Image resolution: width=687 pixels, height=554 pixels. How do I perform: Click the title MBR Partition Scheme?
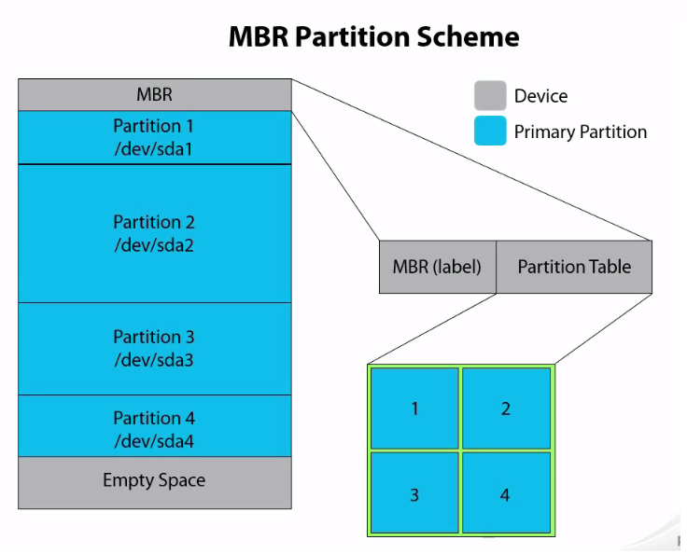(373, 37)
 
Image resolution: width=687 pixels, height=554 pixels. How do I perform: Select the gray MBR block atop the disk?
(154, 94)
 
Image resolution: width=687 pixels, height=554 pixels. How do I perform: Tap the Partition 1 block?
(154, 136)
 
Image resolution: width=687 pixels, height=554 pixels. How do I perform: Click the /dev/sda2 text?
(154, 245)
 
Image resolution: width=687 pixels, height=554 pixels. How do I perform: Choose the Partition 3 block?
(154, 348)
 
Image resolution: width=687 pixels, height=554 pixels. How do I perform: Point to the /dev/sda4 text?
(154, 441)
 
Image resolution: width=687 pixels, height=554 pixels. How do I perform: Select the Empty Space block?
(154, 481)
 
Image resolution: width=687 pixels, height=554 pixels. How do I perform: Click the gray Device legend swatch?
(490, 95)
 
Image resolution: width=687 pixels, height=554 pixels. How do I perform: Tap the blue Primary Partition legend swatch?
(490, 131)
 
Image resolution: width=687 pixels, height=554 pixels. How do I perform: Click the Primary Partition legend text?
(580, 132)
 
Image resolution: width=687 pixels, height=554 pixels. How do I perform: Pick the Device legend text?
(540, 96)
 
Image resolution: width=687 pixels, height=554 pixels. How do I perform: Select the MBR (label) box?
(437, 267)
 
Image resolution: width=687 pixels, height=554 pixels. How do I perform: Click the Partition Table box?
(574, 267)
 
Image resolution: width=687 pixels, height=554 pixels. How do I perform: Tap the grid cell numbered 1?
(414, 409)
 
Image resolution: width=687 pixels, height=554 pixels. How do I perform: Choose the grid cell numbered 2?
(506, 409)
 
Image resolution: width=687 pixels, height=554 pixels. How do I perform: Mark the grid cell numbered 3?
(414, 493)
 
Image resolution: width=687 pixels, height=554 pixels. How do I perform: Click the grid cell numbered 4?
(505, 493)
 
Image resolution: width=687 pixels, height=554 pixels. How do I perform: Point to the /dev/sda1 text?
(154, 148)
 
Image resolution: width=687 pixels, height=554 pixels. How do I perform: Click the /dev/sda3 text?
(154, 360)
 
